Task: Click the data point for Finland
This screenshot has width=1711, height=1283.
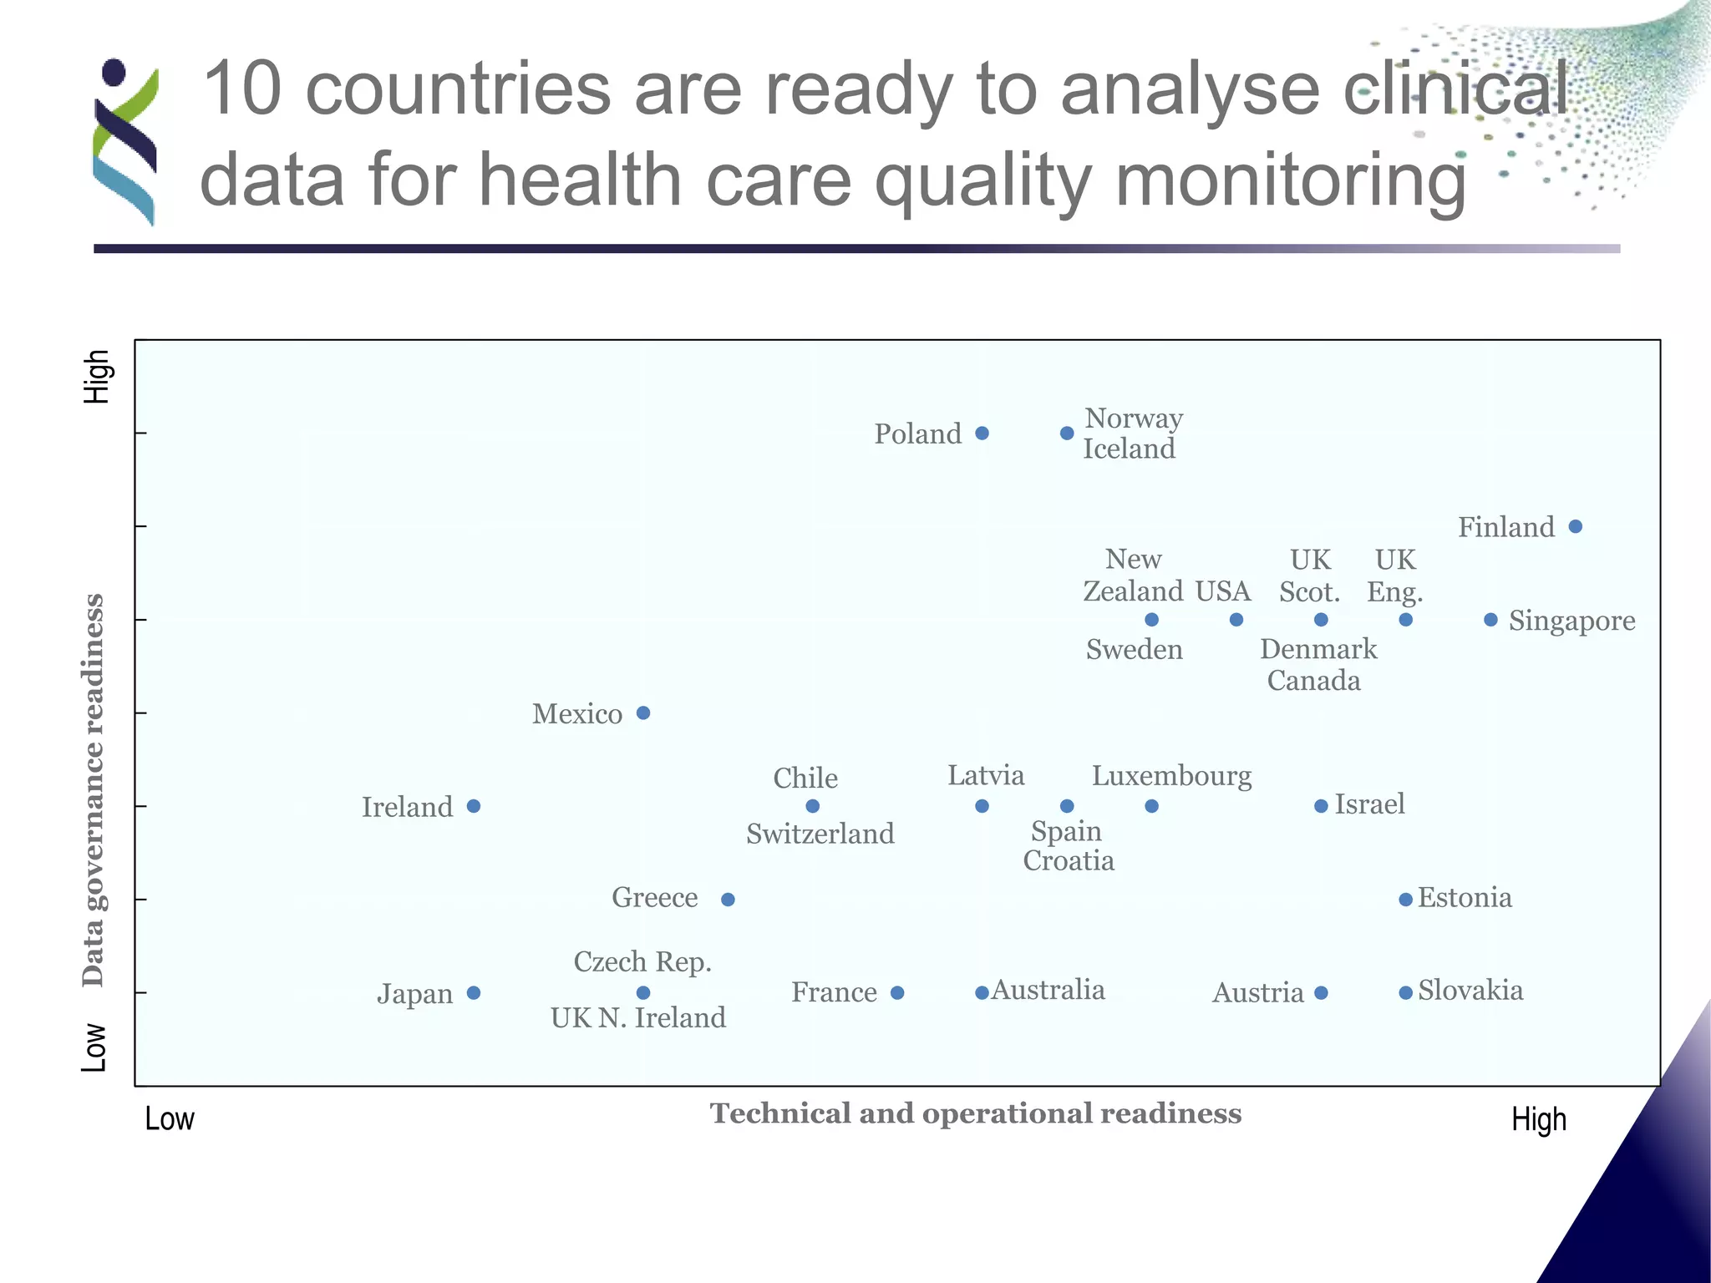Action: (1575, 526)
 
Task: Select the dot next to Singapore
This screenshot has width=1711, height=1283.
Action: (1490, 620)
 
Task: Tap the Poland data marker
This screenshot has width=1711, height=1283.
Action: (982, 433)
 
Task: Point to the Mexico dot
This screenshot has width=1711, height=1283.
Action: (643, 712)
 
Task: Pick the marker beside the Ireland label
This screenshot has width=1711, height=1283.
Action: (474, 806)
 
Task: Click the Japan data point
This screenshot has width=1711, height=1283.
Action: (474, 992)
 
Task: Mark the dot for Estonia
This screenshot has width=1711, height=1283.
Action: (1405, 900)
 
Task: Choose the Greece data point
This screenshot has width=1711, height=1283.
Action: (728, 900)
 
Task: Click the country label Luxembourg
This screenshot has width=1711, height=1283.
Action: (1171, 776)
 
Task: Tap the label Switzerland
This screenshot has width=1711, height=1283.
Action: (820, 834)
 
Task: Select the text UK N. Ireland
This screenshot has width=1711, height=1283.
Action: (637, 1017)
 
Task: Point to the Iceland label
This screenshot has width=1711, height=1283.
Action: (1129, 449)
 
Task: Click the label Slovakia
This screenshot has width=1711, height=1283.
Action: (1470, 991)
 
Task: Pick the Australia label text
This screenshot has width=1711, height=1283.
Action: (1048, 990)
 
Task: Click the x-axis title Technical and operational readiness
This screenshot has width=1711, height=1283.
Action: (975, 1113)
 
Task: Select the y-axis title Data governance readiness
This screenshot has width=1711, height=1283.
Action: (94, 789)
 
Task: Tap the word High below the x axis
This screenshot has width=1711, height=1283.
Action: (1538, 1119)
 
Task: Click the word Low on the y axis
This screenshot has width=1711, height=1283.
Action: (94, 1047)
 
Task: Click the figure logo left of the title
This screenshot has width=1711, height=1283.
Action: (125, 142)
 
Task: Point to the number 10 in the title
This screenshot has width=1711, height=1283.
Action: (241, 89)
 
